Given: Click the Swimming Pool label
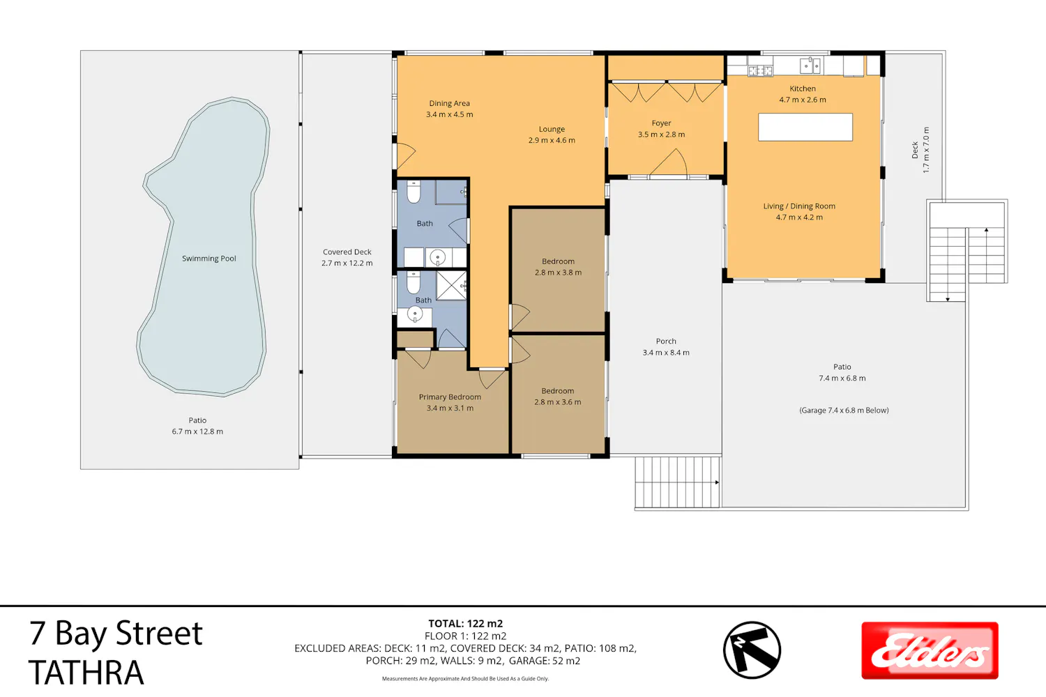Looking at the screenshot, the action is [209, 259].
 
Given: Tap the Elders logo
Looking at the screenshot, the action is [930, 650].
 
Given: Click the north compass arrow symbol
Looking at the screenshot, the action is [752, 650].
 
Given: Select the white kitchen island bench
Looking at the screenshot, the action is [805, 127].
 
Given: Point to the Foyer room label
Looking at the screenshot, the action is [661, 123].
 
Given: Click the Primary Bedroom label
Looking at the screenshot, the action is [450, 397].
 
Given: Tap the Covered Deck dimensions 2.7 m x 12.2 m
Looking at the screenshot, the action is [347, 263].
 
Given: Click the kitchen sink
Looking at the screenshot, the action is [810, 66].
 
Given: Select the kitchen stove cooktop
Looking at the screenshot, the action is [760, 70].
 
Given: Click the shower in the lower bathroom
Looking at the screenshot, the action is [452, 285].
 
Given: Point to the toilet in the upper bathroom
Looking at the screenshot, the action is [414, 192].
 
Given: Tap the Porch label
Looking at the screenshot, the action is [666, 342].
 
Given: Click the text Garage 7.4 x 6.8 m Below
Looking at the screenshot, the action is [844, 411].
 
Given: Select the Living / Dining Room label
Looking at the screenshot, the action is [799, 206].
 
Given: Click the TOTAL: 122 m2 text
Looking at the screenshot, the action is [466, 623].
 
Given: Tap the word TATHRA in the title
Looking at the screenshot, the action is [86, 673].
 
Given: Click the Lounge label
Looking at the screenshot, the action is [552, 130].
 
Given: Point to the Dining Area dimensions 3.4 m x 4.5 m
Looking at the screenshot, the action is [449, 114].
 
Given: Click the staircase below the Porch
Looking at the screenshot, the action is [677, 482].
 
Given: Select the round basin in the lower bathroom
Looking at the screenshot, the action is [415, 314].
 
